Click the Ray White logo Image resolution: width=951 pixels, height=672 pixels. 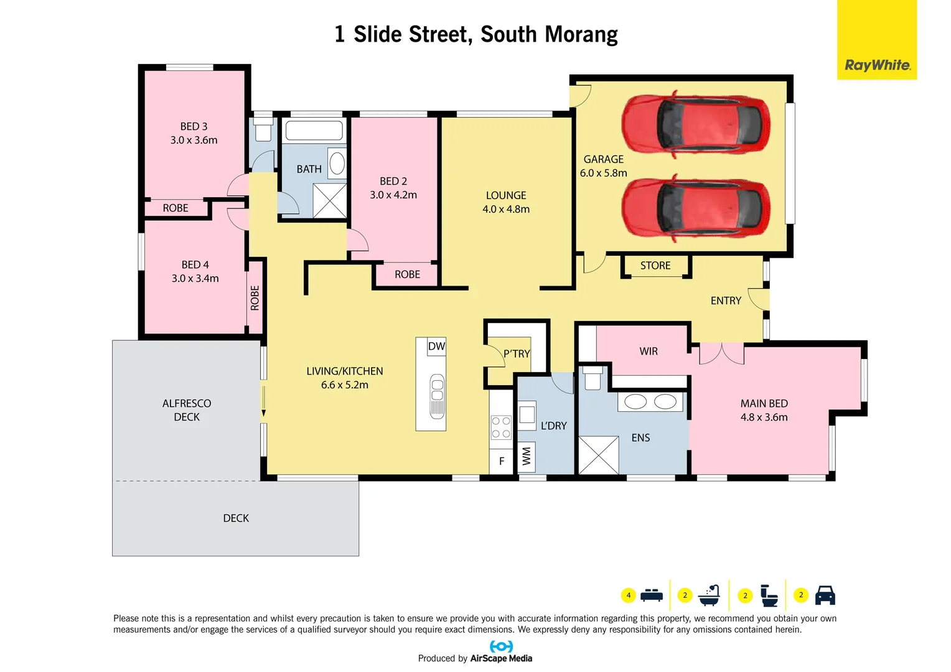877,65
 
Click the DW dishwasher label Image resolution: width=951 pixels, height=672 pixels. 436,347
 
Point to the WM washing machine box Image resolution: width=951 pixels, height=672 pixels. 527,457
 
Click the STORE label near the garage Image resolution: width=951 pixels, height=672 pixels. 655,266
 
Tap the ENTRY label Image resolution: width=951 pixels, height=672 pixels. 726,301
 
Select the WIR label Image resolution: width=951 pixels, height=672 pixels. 649,352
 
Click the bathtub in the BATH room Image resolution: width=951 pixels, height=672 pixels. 314,131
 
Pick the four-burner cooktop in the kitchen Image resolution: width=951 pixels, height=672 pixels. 501,427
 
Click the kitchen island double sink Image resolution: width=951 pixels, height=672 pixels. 437,396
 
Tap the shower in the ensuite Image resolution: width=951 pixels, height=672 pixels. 599,455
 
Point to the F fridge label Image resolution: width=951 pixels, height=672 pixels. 502,461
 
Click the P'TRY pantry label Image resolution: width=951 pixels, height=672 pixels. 517,354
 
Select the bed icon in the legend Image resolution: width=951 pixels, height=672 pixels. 652,595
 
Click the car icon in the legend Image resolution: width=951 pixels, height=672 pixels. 825,595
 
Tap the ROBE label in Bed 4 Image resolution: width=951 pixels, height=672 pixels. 255,298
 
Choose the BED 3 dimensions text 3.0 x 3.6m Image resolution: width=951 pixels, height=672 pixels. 194,141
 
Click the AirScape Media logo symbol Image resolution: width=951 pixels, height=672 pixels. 501,646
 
